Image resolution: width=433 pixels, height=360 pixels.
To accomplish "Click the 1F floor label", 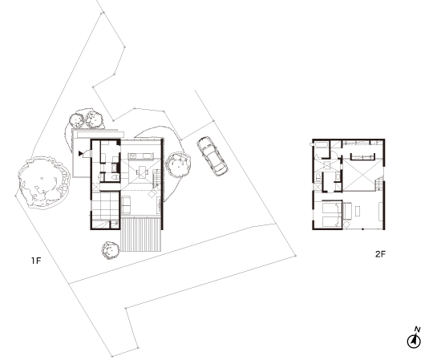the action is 36,261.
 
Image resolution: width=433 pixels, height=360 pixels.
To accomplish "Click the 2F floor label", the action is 380,254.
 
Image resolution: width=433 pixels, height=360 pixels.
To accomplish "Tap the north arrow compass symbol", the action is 414,338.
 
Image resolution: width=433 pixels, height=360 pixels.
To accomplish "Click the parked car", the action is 212,156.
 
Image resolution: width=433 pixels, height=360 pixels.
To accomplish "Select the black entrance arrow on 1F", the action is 81,153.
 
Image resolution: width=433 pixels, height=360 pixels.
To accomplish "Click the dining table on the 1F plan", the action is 142,172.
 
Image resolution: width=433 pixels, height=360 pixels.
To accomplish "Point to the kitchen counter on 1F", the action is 141,156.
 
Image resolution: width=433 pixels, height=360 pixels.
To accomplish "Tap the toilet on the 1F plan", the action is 115,177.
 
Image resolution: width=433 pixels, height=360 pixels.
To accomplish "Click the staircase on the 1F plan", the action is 156,178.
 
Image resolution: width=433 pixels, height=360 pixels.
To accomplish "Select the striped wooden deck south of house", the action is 140,234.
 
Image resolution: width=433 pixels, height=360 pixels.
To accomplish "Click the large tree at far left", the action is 42,182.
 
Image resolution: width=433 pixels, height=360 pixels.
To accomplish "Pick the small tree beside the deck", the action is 111,250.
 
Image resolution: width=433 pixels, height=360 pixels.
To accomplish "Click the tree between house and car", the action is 179,165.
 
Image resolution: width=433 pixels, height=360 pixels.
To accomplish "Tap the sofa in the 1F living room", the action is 126,204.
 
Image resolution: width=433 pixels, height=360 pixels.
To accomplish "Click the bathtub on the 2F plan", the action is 320,145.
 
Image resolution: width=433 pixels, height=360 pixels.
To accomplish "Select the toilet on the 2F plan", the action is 318,178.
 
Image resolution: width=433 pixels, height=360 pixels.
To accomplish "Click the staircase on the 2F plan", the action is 378,184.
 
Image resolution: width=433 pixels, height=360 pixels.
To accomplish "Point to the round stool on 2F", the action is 346,224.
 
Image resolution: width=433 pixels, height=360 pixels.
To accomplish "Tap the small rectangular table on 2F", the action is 358,212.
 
